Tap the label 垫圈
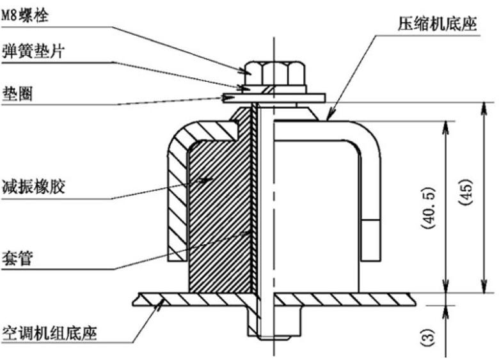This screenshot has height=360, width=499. click(x=18, y=93)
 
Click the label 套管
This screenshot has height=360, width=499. click(x=18, y=260)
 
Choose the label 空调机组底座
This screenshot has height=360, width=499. click(x=49, y=333)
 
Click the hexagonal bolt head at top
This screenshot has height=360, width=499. click(x=274, y=73)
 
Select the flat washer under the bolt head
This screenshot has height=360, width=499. click(x=275, y=97)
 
